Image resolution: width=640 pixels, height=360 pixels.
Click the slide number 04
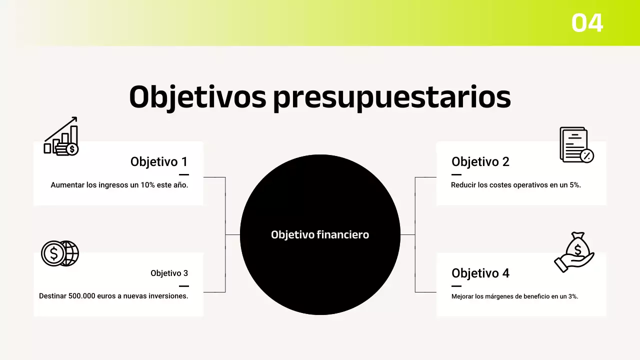pos(587,23)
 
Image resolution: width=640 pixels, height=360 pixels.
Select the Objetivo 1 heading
pos(159,161)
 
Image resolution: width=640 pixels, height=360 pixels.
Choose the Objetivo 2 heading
pos(480,161)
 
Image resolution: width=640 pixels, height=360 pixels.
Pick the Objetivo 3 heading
pos(169,273)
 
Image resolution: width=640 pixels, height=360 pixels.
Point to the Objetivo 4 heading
pos(480,273)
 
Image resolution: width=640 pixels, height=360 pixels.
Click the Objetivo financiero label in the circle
pos(320,234)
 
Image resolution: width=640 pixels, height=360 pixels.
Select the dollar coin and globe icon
pos(60,253)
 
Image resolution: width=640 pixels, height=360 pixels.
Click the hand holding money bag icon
pos(574,252)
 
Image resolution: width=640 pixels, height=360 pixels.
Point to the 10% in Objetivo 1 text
pos(148,185)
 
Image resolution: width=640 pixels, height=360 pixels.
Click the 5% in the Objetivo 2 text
pos(574,185)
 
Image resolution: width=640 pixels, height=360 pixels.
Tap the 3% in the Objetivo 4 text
pos(572,296)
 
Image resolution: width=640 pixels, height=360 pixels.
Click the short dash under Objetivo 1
pos(183,174)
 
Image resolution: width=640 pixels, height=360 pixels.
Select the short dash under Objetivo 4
pos(456,286)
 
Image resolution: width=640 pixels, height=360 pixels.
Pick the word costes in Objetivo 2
pos(500,185)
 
